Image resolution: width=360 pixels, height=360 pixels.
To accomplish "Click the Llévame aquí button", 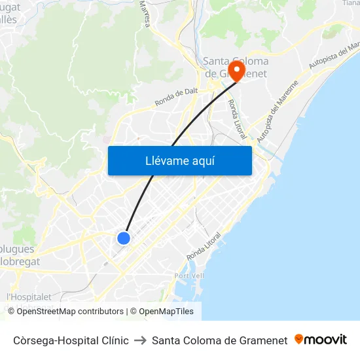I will tap(179, 160).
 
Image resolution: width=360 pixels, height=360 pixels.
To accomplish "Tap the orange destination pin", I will tap(236, 69).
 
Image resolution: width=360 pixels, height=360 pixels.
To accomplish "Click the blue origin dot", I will tap(124, 238).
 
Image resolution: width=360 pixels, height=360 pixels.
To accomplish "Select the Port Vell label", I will tap(190, 276).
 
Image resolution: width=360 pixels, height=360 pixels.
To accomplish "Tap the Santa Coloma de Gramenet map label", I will tap(235, 67).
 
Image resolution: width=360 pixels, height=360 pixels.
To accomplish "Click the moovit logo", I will tap(321, 340).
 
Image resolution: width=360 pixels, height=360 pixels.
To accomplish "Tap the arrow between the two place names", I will tap(140, 340).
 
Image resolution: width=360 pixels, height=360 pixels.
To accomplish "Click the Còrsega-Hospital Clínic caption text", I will tap(71, 340).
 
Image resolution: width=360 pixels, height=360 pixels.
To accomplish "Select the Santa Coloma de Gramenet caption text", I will tap(219, 340).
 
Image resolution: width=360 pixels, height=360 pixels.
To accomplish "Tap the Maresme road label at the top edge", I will tap(145, 13).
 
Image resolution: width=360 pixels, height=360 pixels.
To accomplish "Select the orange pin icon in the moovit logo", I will tap(299, 339).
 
